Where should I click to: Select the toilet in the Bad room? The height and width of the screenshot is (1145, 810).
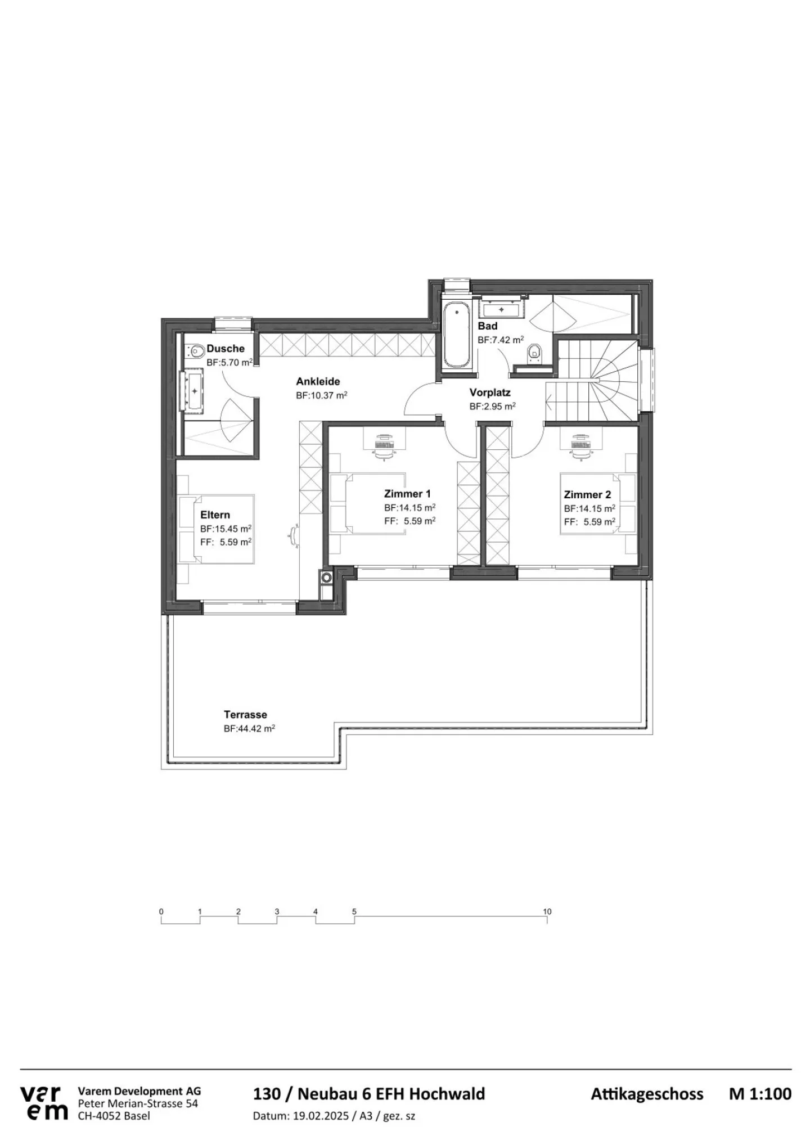click(534, 353)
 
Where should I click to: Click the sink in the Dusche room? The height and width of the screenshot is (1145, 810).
click(193, 390)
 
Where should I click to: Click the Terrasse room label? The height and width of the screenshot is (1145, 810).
click(245, 715)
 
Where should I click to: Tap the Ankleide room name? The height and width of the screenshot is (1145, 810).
click(318, 381)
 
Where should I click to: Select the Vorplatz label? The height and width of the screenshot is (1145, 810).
click(490, 393)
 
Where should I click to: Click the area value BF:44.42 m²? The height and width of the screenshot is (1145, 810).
click(249, 728)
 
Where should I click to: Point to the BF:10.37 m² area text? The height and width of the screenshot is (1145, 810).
click(321, 395)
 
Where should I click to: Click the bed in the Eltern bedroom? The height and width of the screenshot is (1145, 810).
click(217, 529)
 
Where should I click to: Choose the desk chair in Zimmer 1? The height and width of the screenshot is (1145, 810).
click(385, 452)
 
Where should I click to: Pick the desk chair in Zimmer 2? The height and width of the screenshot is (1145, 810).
click(582, 452)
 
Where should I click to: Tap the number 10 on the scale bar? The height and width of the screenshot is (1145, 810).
click(547, 912)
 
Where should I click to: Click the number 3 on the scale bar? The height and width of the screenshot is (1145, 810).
click(277, 912)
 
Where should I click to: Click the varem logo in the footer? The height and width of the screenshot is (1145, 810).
click(44, 1103)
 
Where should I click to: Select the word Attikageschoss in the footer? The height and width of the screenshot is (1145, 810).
click(647, 1094)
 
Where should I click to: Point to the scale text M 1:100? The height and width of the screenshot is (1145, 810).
click(760, 1094)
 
